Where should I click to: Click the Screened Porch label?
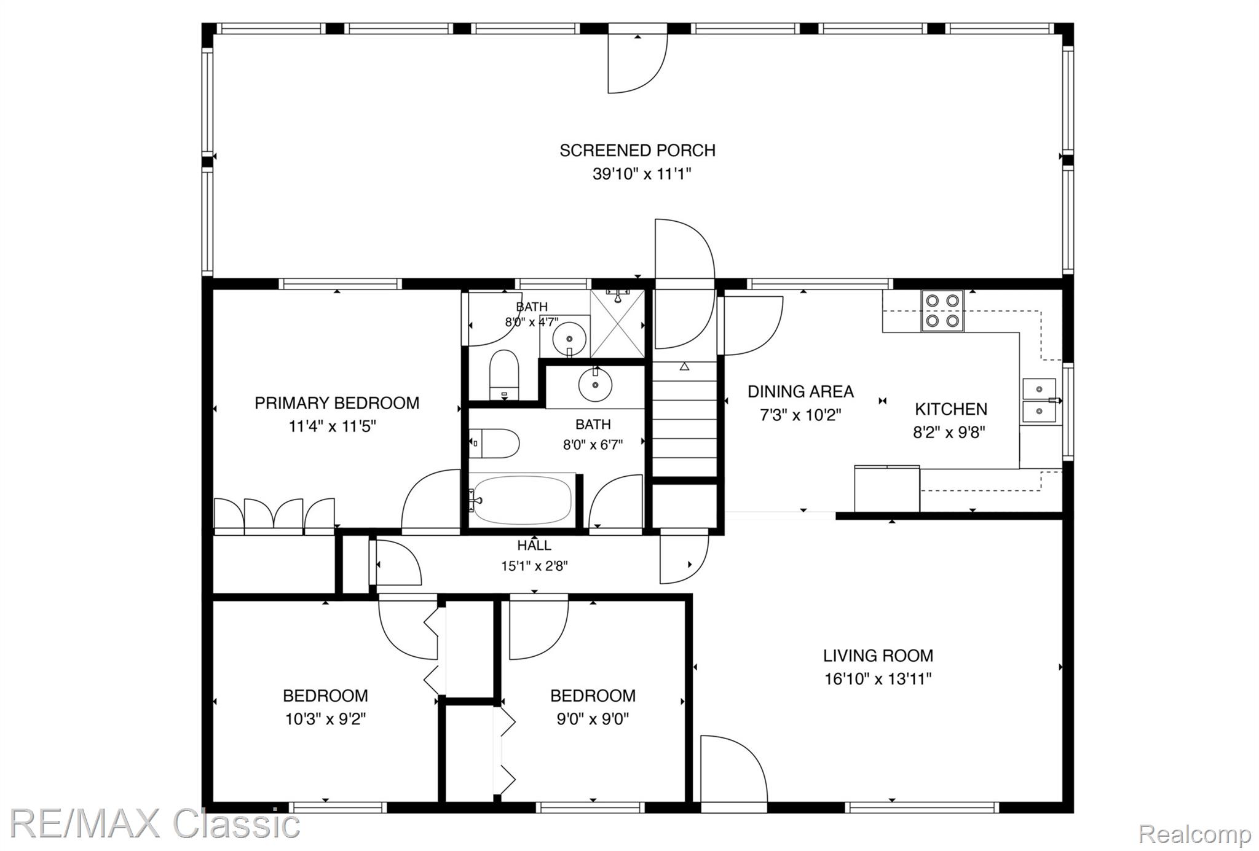click(x=637, y=151)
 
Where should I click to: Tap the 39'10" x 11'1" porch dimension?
click(x=642, y=174)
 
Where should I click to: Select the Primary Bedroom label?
click(x=337, y=403)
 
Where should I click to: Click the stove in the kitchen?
click(x=943, y=310)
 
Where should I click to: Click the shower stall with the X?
click(x=617, y=323)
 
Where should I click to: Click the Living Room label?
click(x=878, y=656)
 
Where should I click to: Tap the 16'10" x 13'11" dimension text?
click(x=878, y=679)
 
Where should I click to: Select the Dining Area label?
click(x=800, y=391)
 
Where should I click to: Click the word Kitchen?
click(x=951, y=409)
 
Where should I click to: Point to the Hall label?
click(x=534, y=545)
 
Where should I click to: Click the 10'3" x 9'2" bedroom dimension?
click(x=326, y=719)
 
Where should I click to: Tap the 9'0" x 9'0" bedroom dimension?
click(x=593, y=719)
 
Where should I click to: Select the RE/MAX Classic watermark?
click(x=155, y=824)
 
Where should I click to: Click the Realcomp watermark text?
click(x=1194, y=834)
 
